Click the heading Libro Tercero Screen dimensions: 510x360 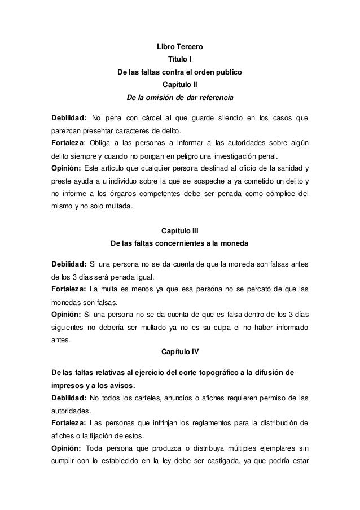179,46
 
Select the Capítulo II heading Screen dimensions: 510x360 179,85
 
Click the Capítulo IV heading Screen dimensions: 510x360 179,351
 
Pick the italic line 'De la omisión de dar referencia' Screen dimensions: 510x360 179,98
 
